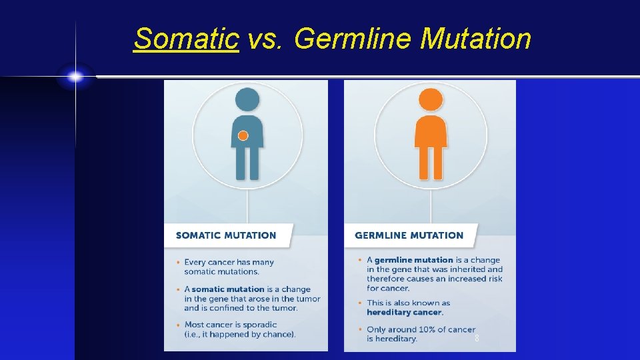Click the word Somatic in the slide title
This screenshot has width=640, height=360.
click(186, 39)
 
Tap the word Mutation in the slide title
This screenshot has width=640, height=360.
click(476, 39)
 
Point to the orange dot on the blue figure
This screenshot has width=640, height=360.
click(243, 136)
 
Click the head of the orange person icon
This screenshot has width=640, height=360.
click(431, 100)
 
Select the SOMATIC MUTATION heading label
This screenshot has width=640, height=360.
click(225, 235)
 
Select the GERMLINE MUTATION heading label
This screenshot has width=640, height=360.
click(409, 235)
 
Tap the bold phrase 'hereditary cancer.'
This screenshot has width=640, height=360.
click(405, 312)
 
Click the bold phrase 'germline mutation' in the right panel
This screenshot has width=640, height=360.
click(413, 260)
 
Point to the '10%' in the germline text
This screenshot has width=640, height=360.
click(429, 329)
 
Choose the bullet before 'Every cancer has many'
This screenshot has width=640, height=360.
click(178, 263)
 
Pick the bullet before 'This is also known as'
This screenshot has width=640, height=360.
click(360, 303)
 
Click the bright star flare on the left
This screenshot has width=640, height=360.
click(75, 77)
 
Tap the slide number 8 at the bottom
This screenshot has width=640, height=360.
click(477, 339)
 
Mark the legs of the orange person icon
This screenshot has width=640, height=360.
click(431, 163)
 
